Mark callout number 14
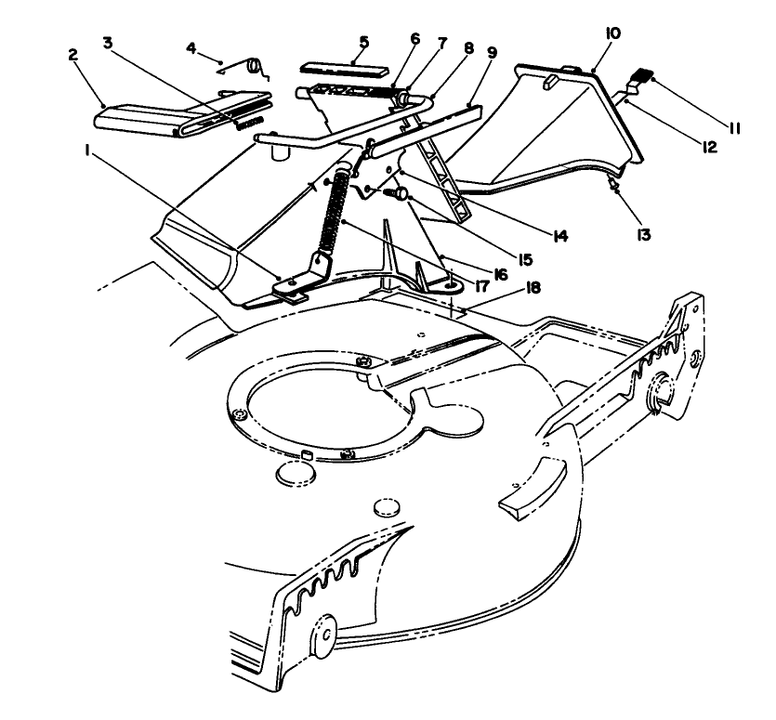coord(559,236)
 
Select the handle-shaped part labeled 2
coord(139,119)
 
